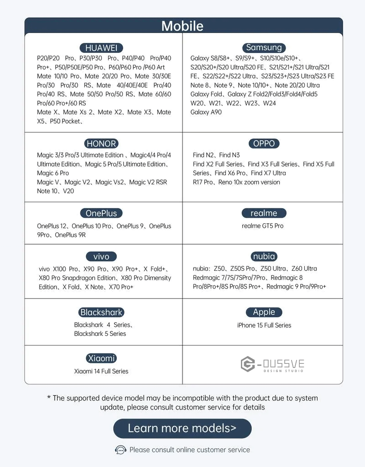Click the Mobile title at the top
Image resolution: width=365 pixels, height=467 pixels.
pos(182,26)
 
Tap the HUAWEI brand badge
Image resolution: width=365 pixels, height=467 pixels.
pos(101,48)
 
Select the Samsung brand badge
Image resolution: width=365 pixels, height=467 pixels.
pos(264,47)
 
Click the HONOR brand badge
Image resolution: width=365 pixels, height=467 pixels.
pos(101,143)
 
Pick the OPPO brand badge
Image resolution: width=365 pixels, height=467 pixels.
pos(264,143)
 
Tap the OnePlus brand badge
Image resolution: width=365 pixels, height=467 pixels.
pos(101,213)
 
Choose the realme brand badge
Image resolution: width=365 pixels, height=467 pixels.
pos(264,213)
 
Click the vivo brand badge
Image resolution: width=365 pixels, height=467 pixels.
pos(101,257)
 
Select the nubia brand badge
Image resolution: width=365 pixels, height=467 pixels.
pos(264,257)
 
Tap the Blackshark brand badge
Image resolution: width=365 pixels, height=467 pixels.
pos(101,312)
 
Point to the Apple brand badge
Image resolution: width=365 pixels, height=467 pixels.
pos(264,312)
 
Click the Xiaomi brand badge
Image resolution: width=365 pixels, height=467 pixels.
pos(101,358)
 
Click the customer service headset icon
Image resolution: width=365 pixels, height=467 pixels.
pos(120,450)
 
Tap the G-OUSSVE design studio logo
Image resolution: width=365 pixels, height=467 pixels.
pos(272,364)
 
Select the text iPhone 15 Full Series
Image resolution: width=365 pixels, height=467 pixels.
pos(264,325)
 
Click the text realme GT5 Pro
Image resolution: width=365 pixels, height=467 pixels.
pos(262,226)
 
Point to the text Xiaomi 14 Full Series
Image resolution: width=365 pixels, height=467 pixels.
pos(101,371)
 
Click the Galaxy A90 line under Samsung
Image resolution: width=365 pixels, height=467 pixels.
pos(206,112)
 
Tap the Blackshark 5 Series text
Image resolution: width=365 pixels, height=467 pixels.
pos(100,334)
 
